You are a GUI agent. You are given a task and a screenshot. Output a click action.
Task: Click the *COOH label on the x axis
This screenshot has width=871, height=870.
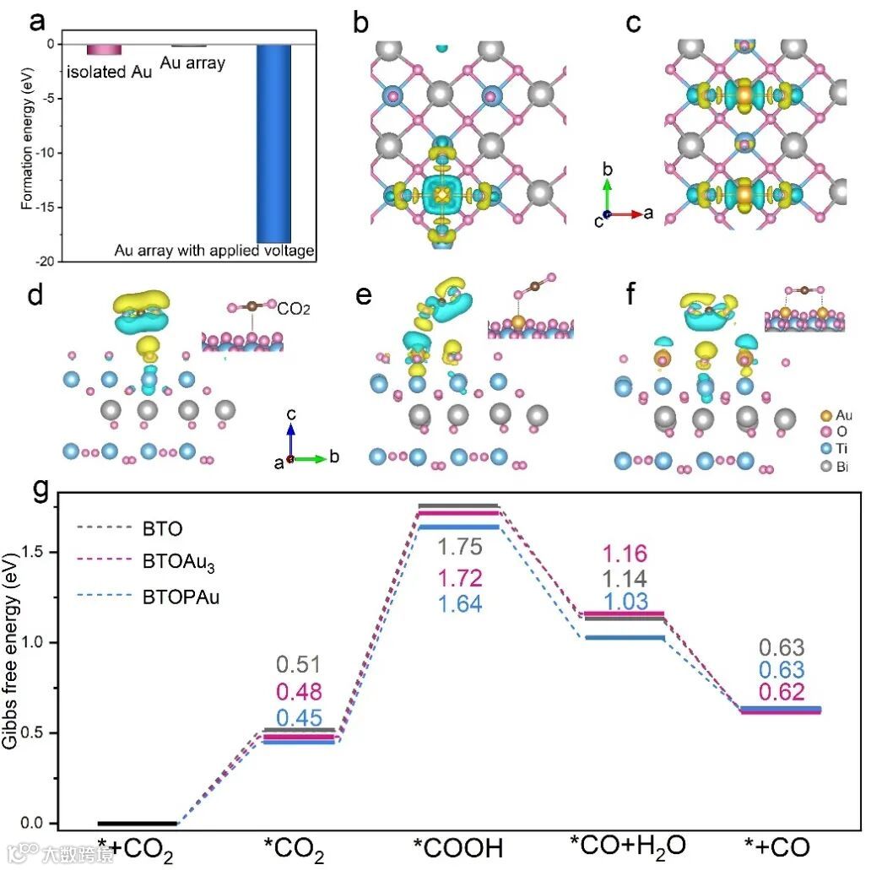point(458,847)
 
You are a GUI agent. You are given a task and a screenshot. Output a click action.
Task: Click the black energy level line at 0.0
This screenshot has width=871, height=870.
point(138,823)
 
